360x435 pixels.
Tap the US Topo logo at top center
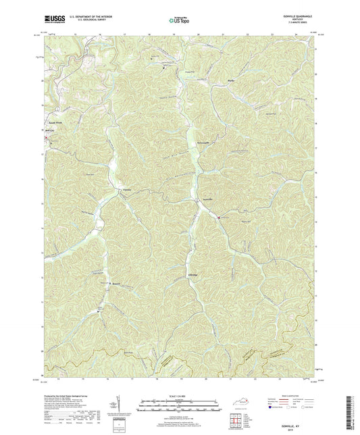(x=178, y=21)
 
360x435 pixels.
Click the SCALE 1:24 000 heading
(x=180, y=396)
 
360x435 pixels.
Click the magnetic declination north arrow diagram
(x=120, y=407)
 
